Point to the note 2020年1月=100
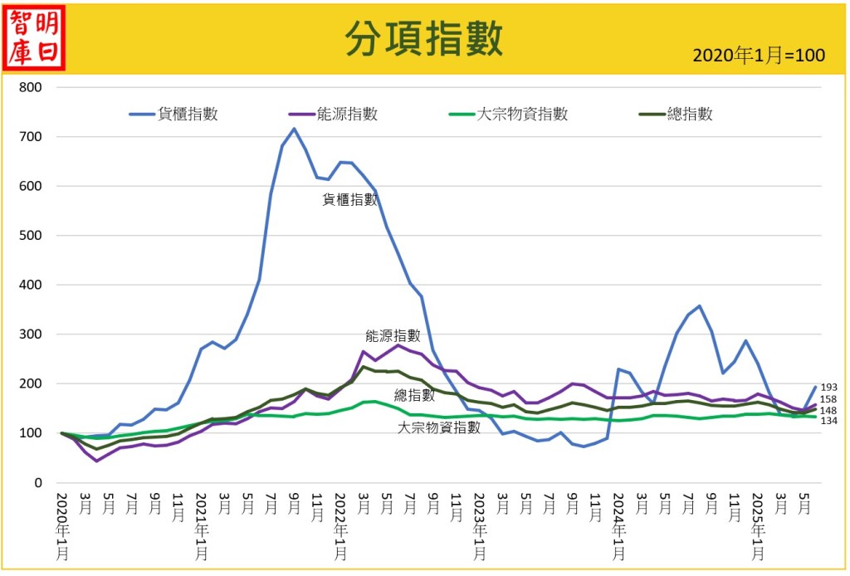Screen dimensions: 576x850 click(x=758, y=56)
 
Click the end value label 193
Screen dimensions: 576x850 click(x=828, y=388)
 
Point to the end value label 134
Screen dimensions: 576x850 click(x=828, y=422)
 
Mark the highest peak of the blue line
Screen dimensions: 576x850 click(x=294, y=129)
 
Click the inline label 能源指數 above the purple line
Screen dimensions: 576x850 click(x=393, y=336)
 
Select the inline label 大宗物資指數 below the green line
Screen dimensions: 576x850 click(x=439, y=428)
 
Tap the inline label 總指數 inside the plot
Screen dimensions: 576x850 click(x=414, y=395)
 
